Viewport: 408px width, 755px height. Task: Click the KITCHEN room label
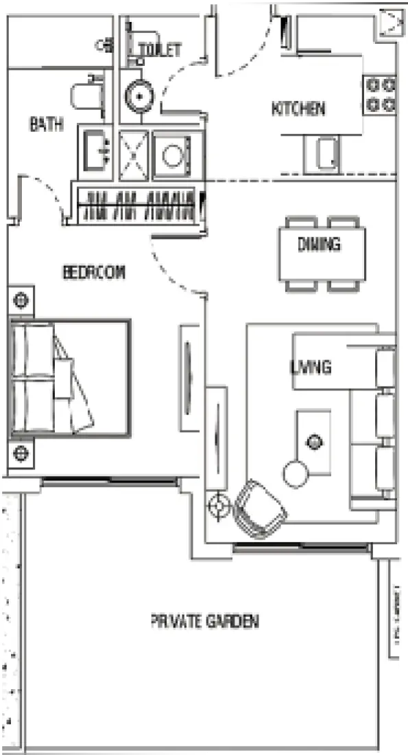[x=298, y=108]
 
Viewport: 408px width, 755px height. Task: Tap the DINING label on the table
[x=320, y=245]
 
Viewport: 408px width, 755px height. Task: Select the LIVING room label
[x=310, y=367]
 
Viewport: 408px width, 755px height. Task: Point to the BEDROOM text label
[x=95, y=272]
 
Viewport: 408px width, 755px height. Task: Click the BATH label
[x=47, y=124]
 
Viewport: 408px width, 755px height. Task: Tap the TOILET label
[x=160, y=49]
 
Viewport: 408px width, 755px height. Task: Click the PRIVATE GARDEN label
[x=205, y=622]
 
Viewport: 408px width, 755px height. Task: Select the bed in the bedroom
[x=69, y=377]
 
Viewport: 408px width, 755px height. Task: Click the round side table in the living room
[x=296, y=473]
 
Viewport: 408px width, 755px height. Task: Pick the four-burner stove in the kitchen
[x=381, y=95]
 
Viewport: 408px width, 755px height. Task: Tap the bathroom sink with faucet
[x=97, y=148]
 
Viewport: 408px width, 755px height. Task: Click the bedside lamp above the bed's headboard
[x=21, y=300]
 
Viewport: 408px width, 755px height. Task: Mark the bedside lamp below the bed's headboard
[x=21, y=454]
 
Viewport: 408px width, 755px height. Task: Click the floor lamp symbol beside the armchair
[x=219, y=507]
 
